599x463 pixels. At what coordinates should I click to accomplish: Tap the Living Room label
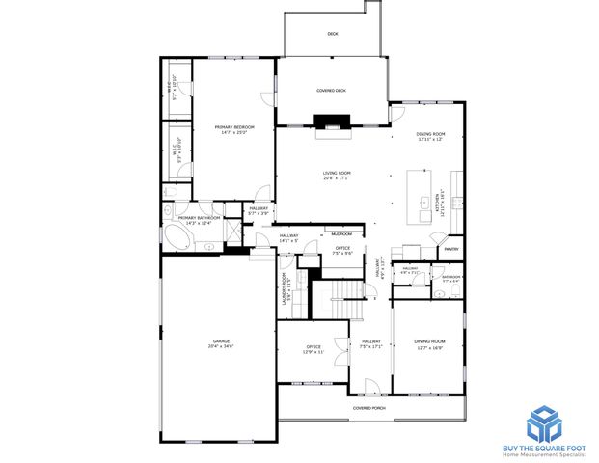coord(336,173)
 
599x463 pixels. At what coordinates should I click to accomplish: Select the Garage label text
coord(223,341)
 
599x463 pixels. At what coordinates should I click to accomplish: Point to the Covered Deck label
coord(331,91)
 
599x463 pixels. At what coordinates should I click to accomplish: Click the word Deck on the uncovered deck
coord(332,34)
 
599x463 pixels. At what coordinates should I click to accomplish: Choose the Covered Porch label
coord(368,408)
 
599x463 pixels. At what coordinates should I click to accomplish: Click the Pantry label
coord(450,249)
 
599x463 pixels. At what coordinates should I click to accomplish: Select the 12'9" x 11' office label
coord(313,347)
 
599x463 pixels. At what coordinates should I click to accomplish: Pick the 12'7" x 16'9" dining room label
coord(429,342)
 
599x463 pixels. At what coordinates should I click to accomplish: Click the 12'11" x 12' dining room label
coord(429,135)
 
